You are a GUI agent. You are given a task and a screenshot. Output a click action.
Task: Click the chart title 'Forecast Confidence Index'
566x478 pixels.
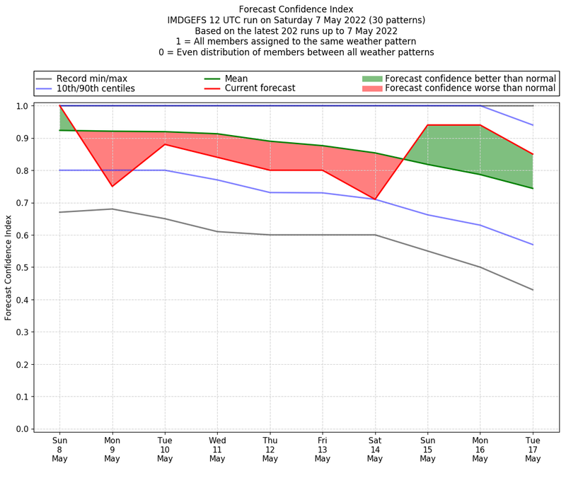(x=296, y=9)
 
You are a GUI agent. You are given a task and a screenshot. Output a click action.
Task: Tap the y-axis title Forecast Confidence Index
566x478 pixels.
(x=8, y=267)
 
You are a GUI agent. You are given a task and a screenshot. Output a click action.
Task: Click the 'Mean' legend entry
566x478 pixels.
(x=235, y=78)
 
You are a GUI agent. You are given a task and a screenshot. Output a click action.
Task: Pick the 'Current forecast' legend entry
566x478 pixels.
(x=260, y=88)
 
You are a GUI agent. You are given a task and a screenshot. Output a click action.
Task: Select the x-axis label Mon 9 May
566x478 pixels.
(x=112, y=449)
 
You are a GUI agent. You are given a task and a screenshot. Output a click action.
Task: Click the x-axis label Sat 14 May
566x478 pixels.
(x=375, y=449)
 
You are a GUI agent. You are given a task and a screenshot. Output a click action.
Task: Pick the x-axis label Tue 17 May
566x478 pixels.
(x=533, y=449)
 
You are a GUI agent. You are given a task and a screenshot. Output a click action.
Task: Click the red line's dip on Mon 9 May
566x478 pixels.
(x=112, y=186)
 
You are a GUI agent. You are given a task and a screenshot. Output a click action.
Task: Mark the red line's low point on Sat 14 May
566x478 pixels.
(x=375, y=199)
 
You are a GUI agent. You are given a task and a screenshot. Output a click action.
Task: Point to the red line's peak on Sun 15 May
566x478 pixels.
(x=427, y=125)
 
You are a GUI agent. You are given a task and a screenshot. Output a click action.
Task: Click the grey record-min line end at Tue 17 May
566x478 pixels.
(x=533, y=290)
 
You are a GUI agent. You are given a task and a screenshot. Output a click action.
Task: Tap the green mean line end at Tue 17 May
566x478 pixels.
(x=533, y=188)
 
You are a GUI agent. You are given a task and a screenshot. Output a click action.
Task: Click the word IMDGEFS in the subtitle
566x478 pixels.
(x=190, y=21)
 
